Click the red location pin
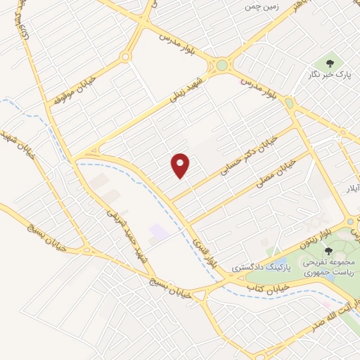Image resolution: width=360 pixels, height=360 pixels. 180,165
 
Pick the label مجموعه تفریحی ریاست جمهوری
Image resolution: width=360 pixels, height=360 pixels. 329,266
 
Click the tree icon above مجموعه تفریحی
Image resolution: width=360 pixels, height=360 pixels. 328,251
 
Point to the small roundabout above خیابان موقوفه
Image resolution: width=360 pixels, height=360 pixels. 126,57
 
